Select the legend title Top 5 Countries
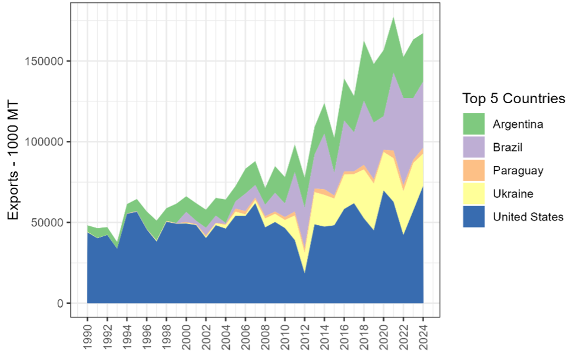514,98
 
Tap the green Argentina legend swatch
473,124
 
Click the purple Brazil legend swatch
473,147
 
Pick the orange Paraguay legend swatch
473,170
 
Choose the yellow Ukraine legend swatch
473,193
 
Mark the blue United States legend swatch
473,217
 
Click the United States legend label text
528,217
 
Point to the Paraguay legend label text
518,171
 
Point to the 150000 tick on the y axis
44,61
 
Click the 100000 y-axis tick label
44,142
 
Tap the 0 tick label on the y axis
59,303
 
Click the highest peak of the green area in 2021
393,18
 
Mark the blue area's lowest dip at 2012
304,272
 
